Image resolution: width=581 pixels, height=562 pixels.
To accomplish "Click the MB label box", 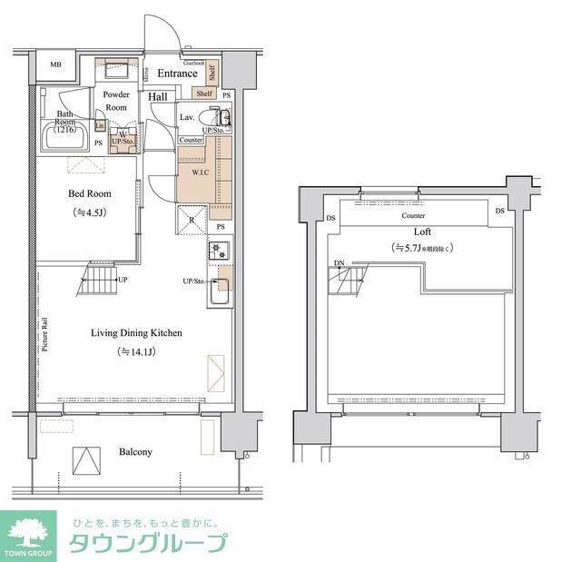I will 55,65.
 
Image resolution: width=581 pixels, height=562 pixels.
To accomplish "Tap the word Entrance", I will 177,74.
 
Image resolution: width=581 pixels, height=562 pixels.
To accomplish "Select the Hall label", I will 158,96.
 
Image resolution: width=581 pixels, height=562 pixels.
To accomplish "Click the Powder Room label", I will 116,101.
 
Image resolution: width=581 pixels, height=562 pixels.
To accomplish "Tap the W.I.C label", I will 201,172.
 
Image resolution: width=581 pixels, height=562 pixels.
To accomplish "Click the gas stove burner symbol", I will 218,250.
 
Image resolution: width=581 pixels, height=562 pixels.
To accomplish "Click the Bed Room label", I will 89,193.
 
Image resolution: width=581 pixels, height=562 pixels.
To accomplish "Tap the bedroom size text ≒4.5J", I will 89,212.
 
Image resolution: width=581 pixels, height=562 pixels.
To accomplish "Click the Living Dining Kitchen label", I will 136,333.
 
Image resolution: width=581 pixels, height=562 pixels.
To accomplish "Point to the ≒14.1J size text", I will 136,351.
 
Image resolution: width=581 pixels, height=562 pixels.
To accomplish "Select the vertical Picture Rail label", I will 44,335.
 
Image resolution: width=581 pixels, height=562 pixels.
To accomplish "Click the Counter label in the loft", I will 414,215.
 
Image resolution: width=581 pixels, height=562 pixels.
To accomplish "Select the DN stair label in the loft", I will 338,264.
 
